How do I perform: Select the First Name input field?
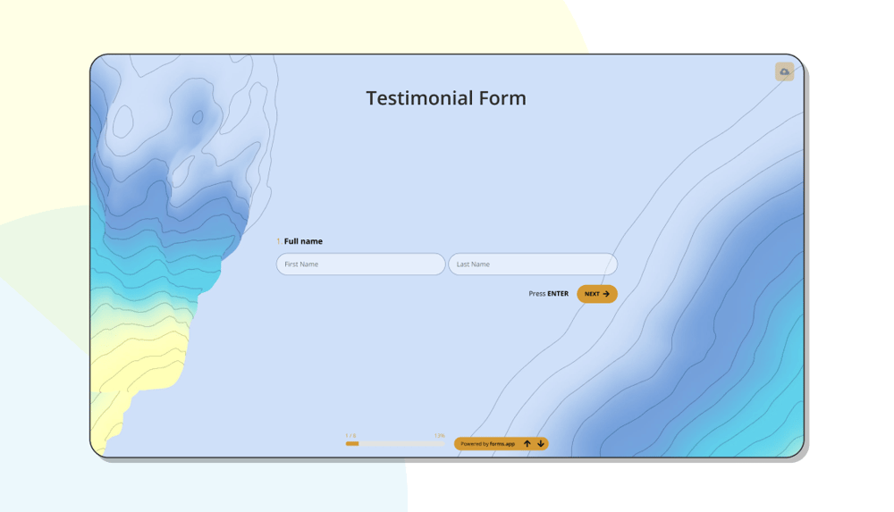click(x=360, y=264)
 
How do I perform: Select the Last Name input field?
click(x=532, y=264)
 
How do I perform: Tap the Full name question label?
click(x=303, y=241)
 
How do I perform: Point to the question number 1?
click(x=279, y=241)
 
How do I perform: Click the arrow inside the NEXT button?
click(x=606, y=294)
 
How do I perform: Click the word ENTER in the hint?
click(x=558, y=294)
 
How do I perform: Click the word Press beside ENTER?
click(x=536, y=294)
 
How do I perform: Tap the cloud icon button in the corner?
click(x=784, y=71)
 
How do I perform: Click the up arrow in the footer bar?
click(x=527, y=444)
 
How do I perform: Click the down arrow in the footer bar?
click(x=541, y=444)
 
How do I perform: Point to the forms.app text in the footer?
click(x=502, y=444)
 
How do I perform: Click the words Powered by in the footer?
click(x=475, y=444)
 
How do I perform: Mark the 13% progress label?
click(x=440, y=436)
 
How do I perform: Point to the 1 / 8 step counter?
click(x=350, y=436)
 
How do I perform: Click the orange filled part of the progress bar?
click(x=352, y=443)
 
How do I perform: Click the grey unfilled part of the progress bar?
click(x=402, y=443)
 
